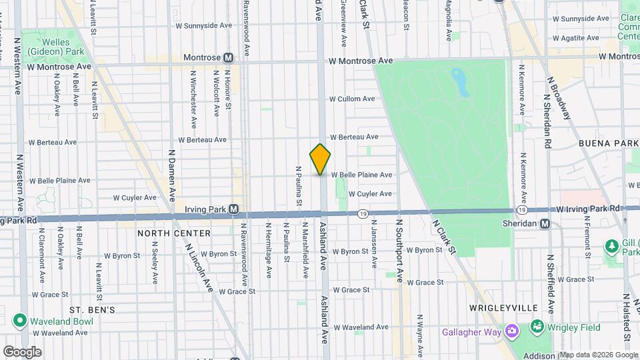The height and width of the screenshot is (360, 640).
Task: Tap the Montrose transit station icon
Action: coord(228,58)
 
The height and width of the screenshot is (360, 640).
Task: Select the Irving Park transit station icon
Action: coord(233,209)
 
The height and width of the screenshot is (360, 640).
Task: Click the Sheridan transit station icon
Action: coord(545,224)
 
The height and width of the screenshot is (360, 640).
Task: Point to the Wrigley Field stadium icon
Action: coord(537,327)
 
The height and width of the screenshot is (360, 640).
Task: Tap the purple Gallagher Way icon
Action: coord(511,331)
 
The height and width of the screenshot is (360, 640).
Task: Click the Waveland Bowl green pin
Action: coord(20,321)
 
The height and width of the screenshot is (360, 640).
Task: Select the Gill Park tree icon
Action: coord(611,247)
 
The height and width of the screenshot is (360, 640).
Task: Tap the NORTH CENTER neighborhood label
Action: coord(174,233)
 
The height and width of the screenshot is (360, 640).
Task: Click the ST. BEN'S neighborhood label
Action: coord(93,310)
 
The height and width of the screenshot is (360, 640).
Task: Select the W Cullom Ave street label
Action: coord(352,99)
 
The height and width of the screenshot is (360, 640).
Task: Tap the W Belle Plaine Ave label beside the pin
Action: coord(361,175)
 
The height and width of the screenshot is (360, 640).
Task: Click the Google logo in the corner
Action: coord(23,351)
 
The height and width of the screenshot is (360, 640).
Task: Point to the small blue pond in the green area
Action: coord(459,81)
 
